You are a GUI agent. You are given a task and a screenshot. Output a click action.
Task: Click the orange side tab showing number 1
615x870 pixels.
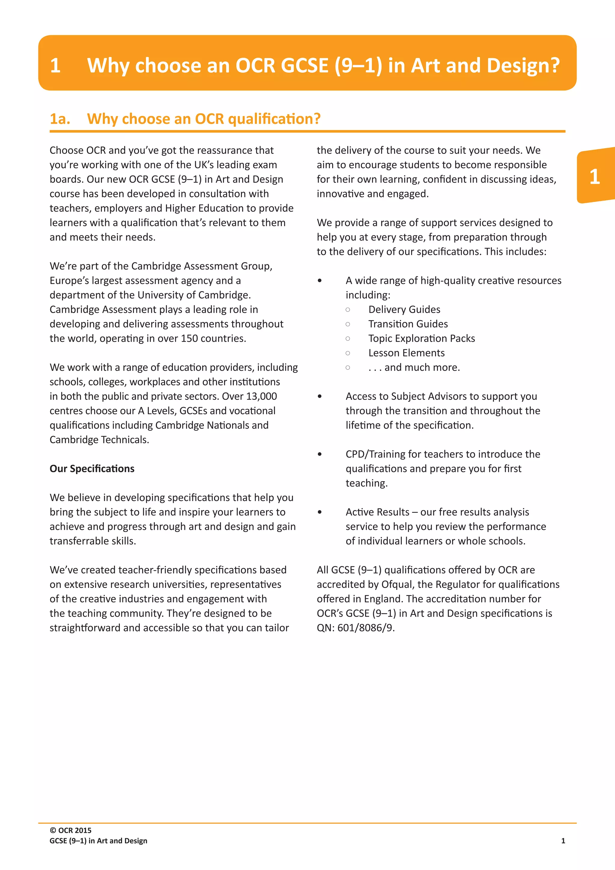595,177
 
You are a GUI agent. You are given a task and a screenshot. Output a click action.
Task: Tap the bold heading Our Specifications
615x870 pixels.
92,469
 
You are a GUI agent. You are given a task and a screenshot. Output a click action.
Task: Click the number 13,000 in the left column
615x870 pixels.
261,396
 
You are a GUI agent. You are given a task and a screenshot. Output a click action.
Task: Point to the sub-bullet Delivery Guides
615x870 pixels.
404,310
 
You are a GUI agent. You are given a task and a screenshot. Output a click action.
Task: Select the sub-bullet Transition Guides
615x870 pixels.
408,324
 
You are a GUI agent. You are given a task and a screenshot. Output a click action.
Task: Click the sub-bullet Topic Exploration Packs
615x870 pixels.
422,338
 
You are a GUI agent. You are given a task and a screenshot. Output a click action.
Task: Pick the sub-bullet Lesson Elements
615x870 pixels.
406,353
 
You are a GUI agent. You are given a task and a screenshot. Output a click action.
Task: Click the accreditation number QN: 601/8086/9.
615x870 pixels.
356,628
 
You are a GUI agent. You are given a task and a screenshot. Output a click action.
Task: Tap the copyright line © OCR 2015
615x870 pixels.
71,830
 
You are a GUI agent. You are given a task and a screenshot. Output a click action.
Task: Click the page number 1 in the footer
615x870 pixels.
563,841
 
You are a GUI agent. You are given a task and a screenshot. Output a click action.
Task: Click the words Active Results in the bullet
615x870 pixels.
377,512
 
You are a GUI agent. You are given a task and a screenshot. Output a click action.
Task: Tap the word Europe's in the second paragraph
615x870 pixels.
67,281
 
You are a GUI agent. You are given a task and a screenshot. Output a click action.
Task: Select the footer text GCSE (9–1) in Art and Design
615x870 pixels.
98,841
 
